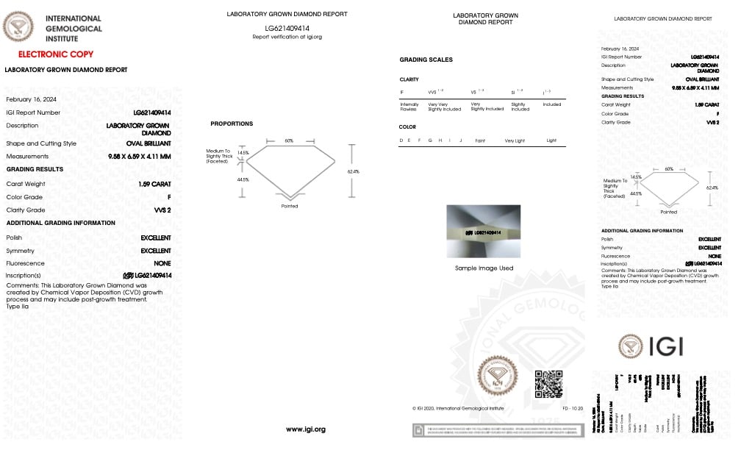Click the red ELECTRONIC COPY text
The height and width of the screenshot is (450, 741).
tap(55, 54)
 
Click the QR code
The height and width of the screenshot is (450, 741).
tap(548, 384)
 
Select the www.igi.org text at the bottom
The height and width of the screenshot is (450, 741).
tap(305, 429)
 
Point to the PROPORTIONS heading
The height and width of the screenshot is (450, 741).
tap(232, 124)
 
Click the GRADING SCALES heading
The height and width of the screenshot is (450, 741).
tap(426, 60)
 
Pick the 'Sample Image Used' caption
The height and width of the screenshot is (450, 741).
tap(484, 268)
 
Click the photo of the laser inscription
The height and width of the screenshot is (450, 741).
tap(484, 232)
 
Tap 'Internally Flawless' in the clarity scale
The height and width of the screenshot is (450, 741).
tap(409, 107)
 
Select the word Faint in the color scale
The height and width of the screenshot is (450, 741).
tap(480, 140)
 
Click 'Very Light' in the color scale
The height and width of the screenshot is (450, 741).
tap(515, 140)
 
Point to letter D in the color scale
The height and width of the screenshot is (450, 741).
tap(401, 140)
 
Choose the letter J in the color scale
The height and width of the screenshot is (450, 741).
tap(460, 140)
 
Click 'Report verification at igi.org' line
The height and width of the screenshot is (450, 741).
tap(287, 36)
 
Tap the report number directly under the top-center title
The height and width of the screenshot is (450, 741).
tap(287, 27)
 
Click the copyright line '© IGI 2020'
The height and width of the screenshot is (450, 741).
tap(458, 407)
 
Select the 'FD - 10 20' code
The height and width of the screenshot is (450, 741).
tap(573, 407)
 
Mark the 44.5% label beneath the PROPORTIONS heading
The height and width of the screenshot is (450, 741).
tap(243, 179)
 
